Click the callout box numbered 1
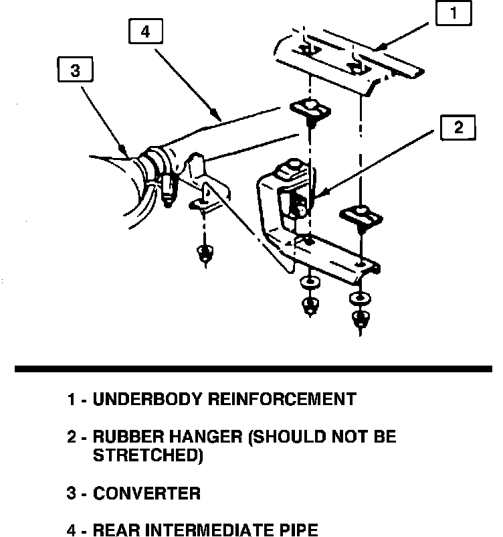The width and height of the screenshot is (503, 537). tap(454, 14)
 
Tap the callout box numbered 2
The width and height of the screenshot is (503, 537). tap(458, 127)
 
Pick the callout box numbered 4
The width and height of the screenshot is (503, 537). tap(145, 32)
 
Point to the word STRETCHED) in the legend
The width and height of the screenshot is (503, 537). tap(147, 456)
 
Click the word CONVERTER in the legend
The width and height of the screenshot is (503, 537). tap(146, 494)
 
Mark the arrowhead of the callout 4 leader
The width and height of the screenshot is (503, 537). tap(217, 117)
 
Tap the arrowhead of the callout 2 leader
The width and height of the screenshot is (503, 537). tap(317, 195)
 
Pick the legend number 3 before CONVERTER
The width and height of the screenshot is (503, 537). tap(71, 494)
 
